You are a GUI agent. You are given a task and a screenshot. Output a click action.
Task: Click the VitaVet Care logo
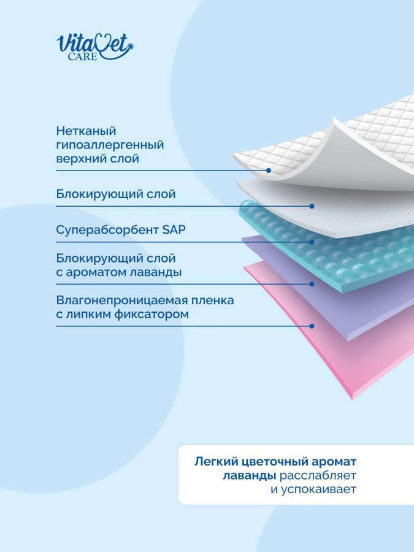(x=94, y=47)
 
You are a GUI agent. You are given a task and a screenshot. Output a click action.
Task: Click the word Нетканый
(x=86, y=131)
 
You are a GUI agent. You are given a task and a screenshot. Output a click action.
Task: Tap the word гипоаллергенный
(x=110, y=145)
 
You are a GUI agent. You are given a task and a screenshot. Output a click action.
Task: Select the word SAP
(x=174, y=230)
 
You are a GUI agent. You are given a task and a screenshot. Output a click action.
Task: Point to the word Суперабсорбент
(x=107, y=230)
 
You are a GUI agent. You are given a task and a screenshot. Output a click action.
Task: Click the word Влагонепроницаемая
(x=122, y=301)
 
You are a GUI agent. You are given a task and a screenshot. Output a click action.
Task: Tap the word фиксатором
(x=151, y=314)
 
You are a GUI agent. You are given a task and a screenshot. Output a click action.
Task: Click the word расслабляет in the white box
(x=318, y=475)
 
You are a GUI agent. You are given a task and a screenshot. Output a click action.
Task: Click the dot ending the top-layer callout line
(x=269, y=171)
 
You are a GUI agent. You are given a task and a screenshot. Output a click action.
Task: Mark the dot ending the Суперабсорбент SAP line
(x=312, y=242)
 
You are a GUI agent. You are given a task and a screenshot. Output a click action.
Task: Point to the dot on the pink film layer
(x=312, y=326)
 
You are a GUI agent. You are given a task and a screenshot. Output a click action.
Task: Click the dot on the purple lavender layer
(x=312, y=284)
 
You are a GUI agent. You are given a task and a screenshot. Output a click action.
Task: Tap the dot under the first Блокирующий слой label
(x=312, y=206)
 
